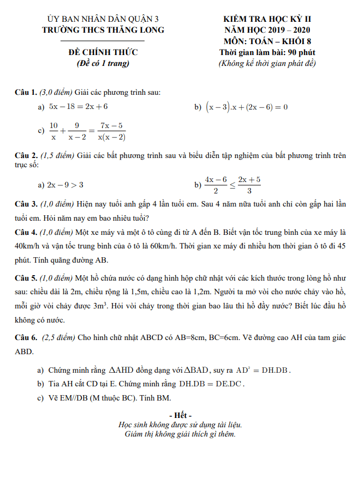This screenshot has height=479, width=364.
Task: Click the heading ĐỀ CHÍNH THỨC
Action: click(x=103, y=52)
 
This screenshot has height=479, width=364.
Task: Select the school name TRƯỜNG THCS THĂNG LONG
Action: click(x=103, y=30)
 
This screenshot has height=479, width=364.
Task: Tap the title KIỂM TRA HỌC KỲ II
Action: click(x=267, y=20)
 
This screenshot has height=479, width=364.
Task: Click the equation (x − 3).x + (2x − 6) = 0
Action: click(x=247, y=107)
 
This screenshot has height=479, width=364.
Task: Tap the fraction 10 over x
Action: click(x=53, y=131)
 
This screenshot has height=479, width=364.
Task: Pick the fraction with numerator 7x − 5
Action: click(x=111, y=131)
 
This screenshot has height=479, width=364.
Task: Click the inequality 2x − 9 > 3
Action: click(x=65, y=185)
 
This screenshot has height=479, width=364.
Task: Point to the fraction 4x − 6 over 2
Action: click(x=216, y=185)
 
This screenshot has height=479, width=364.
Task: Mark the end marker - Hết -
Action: click(x=180, y=415)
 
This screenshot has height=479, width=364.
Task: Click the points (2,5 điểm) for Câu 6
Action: click(x=58, y=338)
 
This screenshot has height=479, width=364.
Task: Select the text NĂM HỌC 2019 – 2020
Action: click(x=267, y=30)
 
